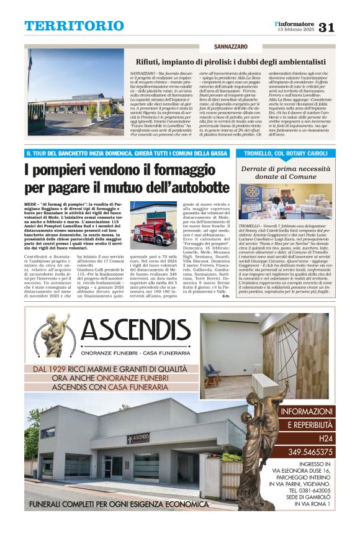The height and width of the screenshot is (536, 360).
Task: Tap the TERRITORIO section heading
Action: click(x=74, y=26)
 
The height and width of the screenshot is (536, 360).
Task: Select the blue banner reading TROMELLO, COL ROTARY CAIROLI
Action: click(x=286, y=153)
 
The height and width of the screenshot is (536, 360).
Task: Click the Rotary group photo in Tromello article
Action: click(x=286, y=202)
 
